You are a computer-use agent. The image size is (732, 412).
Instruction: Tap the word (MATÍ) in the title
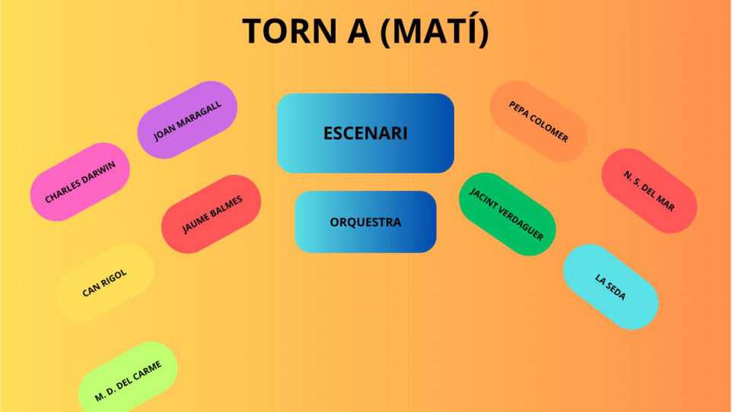coord(434,30)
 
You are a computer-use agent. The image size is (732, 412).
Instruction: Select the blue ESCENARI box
coord(365,133)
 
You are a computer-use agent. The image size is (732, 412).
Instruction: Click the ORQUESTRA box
coord(365,222)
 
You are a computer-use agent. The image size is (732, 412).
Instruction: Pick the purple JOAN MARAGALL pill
coord(187,120)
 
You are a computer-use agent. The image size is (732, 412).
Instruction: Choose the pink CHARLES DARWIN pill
coord(80,182)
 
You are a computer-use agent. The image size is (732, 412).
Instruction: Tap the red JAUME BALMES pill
coord(211,214)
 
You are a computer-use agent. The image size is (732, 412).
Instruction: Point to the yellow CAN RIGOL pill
coord(104,283)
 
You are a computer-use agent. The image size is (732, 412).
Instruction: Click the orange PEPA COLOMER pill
coord(539,122)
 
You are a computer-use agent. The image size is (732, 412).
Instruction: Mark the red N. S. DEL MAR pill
coord(649,191)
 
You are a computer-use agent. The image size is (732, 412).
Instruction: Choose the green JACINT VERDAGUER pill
coord(508,214)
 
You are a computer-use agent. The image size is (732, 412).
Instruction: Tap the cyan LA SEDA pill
coord(610,287)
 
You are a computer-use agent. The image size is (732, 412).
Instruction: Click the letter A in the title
coord(359,31)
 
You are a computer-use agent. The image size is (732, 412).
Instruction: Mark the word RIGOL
coord(113,278)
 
